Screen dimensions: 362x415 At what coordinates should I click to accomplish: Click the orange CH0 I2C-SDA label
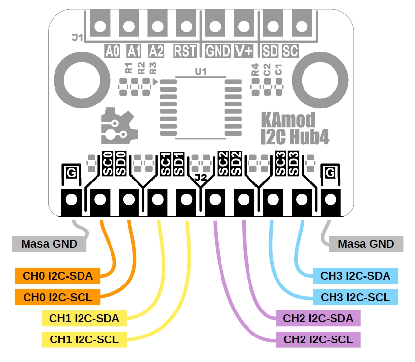click(x=58, y=276)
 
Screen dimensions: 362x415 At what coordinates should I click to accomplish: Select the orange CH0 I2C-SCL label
click(x=58, y=297)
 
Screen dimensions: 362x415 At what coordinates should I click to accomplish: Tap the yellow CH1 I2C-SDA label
click(x=84, y=318)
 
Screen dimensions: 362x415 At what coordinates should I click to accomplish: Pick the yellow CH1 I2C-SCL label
click(x=84, y=339)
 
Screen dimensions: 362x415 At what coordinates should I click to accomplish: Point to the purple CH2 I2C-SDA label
click(x=318, y=318)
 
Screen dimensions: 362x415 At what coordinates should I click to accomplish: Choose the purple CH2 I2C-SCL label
click(x=318, y=339)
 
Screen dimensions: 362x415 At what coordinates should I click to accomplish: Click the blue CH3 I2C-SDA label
click(x=355, y=276)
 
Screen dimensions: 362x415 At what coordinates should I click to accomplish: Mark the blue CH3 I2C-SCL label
click(x=355, y=297)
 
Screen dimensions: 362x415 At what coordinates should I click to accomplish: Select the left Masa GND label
click(x=49, y=244)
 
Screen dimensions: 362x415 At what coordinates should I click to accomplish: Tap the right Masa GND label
click(x=366, y=244)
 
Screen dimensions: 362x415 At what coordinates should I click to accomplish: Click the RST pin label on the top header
click(x=185, y=51)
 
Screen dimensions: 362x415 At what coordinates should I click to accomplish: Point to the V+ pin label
click(x=244, y=51)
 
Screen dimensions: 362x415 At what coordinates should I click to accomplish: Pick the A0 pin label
click(x=112, y=51)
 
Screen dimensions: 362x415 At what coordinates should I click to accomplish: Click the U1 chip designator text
click(x=201, y=72)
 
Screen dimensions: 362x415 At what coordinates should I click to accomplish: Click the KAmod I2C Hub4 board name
click(x=294, y=129)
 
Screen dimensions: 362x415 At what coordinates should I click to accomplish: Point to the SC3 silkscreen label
click(x=280, y=164)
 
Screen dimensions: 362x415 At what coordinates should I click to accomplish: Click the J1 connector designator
click(x=77, y=37)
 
